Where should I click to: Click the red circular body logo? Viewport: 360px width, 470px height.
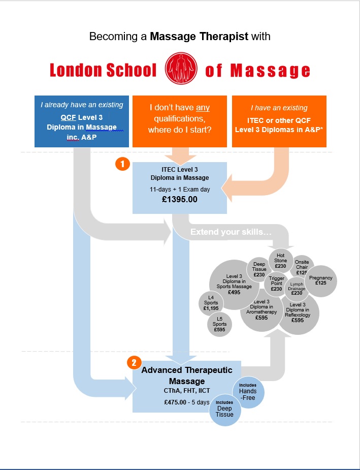pyautogui.click(x=181, y=70)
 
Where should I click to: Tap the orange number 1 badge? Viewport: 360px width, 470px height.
pyautogui.click(x=122, y=164)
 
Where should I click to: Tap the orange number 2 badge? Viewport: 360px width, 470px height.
pyautogui.click(x=133, y=363)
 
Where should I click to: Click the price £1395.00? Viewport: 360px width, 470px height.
pyautogui.click(x=180, y=199)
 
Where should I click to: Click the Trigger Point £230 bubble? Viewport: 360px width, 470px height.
pyautogui.click(x=277, y=284)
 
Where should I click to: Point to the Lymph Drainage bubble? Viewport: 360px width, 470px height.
pyautogui.click(x=297, y=289)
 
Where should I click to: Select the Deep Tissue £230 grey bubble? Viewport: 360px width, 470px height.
pyautogui.click(x=259, y=269)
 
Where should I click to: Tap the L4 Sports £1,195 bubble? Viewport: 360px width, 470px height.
pyautogui.click(x=211, y=303)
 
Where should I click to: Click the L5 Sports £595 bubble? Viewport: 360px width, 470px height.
pyautogui.click(x=220, y=324)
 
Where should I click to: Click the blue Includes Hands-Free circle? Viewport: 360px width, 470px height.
pyautogui.click(x=248, y=391)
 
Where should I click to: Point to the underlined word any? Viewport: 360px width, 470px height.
pyautogui.click(x=203, y=108)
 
